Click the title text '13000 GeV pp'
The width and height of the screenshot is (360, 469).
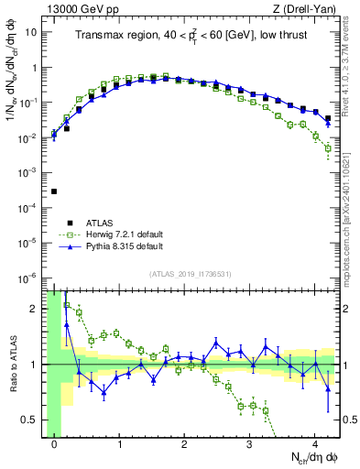[x=76, y=9]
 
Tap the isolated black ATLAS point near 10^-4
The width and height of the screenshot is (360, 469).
[x=54, y=191]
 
